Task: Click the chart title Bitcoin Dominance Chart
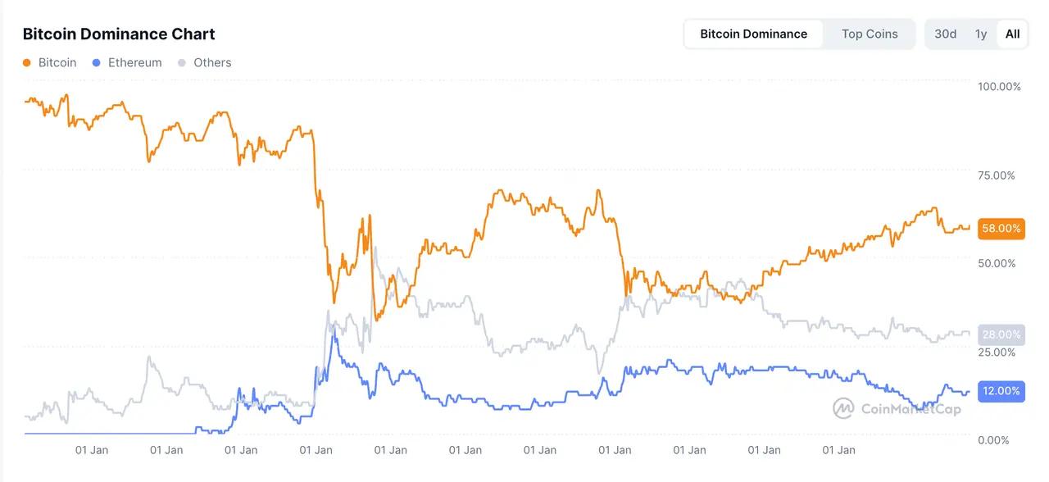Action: tap(119, 34)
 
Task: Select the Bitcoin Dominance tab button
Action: tap(753, 34)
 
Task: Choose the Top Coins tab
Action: tap(870, 34)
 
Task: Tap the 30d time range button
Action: tap(945, 34)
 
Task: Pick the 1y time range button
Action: tap(981, 34)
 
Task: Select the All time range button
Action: tap(1013, 34)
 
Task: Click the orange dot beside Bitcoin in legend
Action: tap(27, 63)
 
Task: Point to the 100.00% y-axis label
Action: tap(1000, 87)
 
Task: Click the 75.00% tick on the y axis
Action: tap(997, 175)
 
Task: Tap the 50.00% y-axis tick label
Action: tap(997, 263)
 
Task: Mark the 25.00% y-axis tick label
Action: tap(997, 352)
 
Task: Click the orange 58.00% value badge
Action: tap(1001, 229)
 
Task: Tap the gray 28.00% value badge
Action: tap(1001, 334)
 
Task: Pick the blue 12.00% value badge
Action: tap(1001, 391)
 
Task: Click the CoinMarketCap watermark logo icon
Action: tap(844, 408)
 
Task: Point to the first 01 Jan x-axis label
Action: tap(92, 450)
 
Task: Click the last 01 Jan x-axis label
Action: tap(838, 450)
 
